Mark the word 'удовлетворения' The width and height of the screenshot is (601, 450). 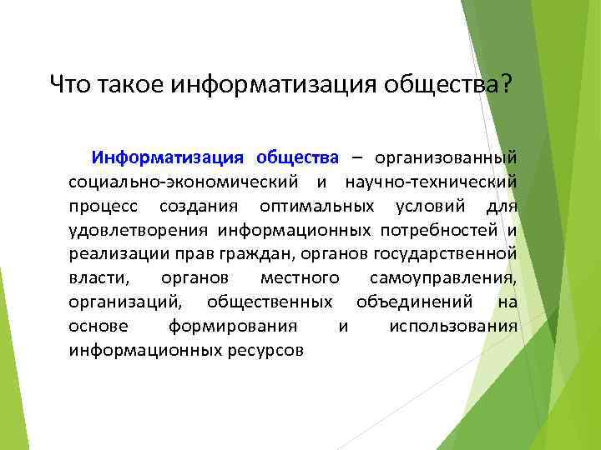[140, 229]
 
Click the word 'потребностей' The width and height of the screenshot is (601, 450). [438, 229]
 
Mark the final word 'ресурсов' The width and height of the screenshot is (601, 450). [265, 350]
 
